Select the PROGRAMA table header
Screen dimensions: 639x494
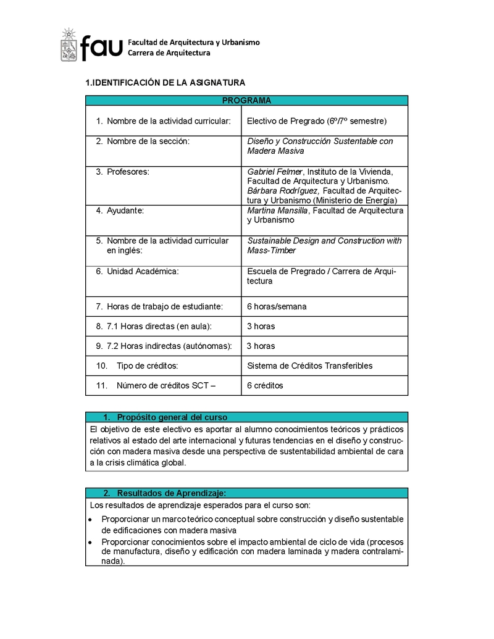[x=246, y=101]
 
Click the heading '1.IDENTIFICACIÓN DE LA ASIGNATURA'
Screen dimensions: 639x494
[x=165, y=82]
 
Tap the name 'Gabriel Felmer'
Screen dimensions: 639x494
[x=275, y=172]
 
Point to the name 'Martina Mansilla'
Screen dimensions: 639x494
[x=278, y=211]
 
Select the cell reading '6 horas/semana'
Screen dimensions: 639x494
[x=277, y=306]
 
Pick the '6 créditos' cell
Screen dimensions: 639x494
[x=265, y=385]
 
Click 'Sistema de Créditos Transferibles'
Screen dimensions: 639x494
[x=309, y=365]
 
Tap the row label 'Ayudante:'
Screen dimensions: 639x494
[x=125, y=211]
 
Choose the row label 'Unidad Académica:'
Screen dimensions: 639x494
[x=143, y=271]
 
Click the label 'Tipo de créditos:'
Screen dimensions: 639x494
[x=148, y=365]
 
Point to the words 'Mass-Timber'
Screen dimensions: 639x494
[x=272, y=250]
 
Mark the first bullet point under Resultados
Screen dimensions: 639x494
[x=90, y=519]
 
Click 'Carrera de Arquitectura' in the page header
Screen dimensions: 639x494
[x=169, y=53]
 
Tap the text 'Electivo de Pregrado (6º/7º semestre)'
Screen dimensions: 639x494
[x=317, y=120]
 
